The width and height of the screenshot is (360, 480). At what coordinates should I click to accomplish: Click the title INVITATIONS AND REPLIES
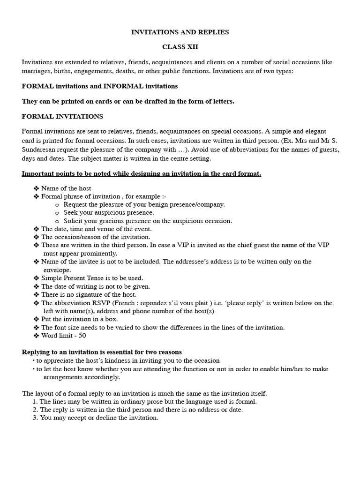[x=180, y=32]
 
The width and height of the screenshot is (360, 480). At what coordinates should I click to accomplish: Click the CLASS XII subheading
[x=180, y=47]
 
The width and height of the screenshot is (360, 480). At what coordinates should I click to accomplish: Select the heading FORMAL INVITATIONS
[x=62, y=116]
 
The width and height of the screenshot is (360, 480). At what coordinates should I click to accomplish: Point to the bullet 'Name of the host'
[x=66, y=188]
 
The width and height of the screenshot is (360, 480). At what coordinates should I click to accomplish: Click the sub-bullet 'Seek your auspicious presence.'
[x=102, y=212]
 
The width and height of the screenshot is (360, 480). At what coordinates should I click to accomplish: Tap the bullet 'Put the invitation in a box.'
[x=79, y=319]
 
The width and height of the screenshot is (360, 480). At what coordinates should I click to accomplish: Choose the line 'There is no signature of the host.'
[x=89, y=294]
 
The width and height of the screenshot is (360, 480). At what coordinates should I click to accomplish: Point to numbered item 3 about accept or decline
[x=99, y=418]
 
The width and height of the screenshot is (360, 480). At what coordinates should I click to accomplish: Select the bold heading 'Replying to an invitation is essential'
[x=102, y=352]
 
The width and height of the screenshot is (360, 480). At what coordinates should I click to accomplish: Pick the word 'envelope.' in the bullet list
[x=57, y=270]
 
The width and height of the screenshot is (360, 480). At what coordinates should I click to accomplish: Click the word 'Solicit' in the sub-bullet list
[x=73, y=221]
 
